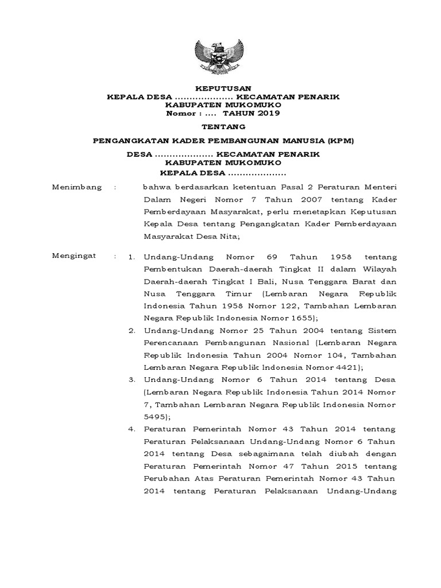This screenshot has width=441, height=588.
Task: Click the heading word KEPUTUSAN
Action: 220,88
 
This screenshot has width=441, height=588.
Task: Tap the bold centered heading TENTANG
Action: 220,127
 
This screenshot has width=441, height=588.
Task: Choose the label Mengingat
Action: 75,255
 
